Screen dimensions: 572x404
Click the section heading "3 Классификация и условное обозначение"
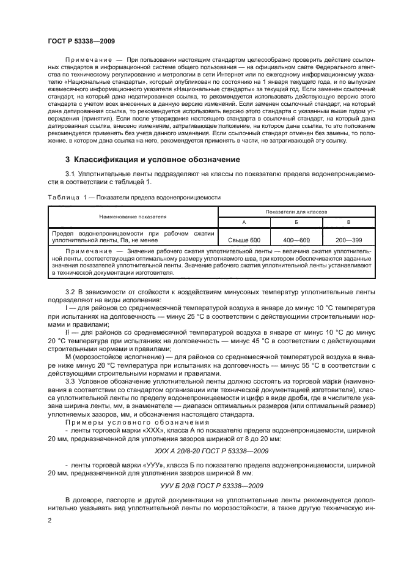(x=147, y=160)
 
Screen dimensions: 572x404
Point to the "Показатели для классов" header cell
(x=287, y=211)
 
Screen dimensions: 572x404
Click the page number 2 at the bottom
(x=50, y=521)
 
